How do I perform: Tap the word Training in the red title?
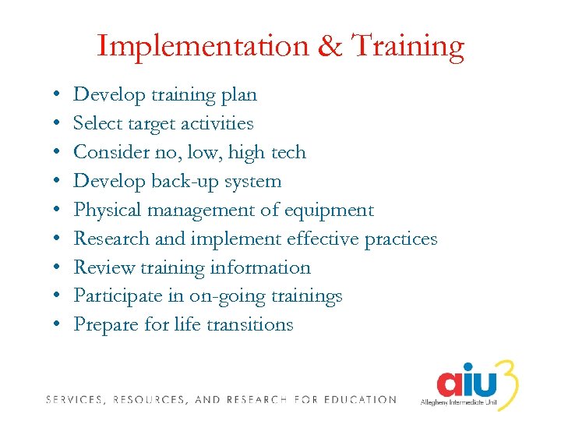tap(408, 47)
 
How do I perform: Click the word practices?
tap(398, 239)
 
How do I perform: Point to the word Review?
tap(99, 267)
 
